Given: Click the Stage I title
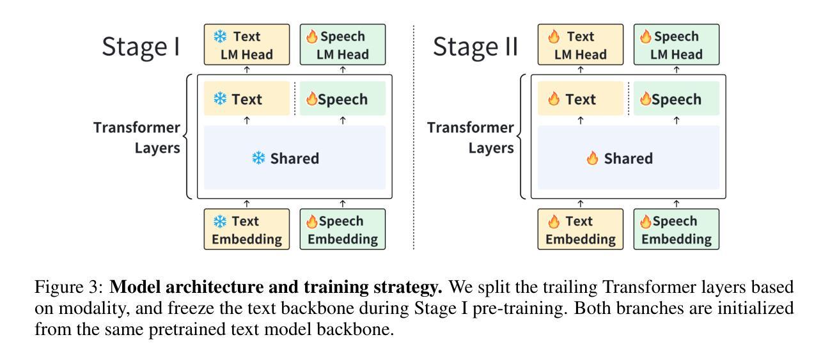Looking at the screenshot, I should click(141, 47).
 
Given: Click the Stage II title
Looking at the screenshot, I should click(474, 47).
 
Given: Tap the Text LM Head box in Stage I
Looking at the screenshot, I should click(247, 45).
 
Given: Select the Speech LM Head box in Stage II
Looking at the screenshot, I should click(677, 45).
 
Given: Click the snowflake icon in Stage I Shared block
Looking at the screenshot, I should click(258, 159).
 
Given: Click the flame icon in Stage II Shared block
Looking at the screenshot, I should click(592, 159).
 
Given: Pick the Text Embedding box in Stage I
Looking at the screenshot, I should click(247, 230).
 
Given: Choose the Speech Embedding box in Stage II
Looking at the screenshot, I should click(677, 230).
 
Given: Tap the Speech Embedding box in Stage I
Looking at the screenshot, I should click(343, 230).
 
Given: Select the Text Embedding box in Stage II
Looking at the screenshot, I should click(581, 230).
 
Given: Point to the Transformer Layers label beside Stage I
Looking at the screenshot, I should click(137, 137).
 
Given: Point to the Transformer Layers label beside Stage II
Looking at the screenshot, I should click(471, 137).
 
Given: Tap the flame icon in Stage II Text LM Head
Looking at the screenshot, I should click(553, 37).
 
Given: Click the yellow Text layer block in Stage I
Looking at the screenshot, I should click(247, 99).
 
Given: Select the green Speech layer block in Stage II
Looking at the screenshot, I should click(677, 99).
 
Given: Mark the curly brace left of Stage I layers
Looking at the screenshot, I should click(188, 136).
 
